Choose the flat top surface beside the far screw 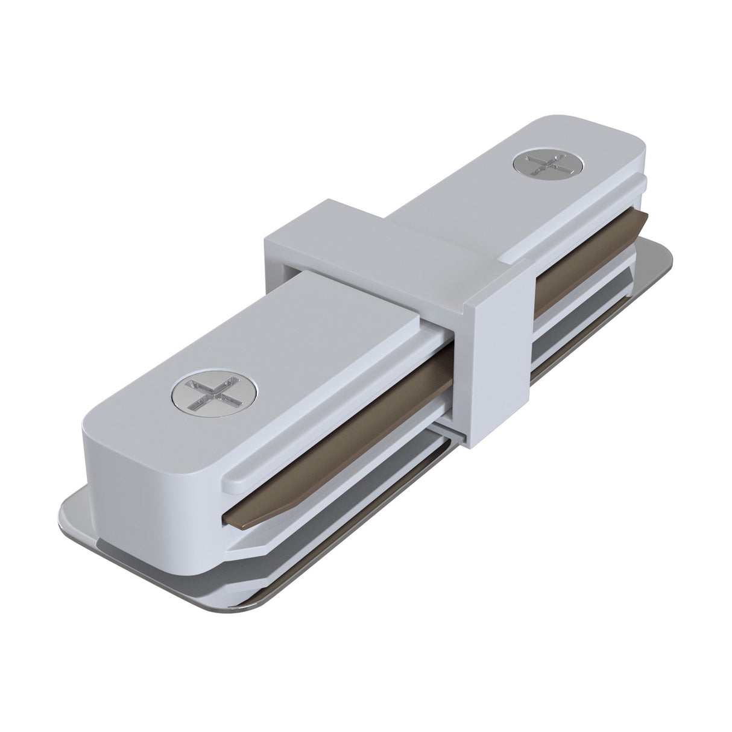tap(482, 199)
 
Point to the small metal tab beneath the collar tap(449, 434)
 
